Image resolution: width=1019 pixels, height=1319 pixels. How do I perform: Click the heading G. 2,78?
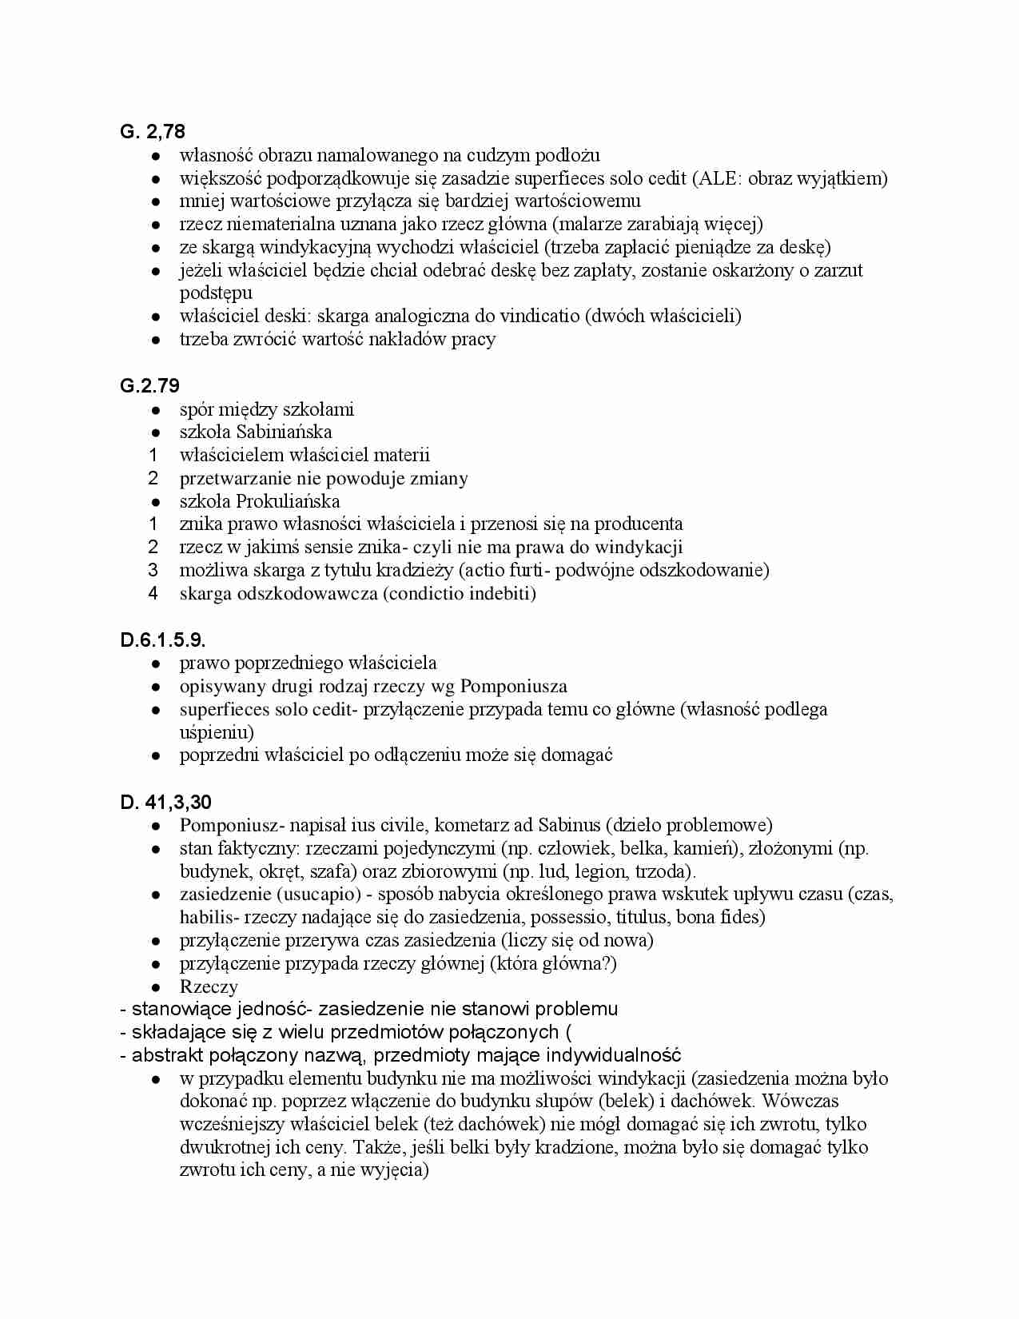point(153,132)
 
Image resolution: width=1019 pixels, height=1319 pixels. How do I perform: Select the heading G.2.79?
point(149,386)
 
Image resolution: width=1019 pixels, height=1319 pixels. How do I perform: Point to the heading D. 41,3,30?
point(166,802)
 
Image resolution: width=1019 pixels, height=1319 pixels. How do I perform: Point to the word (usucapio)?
point(317,894)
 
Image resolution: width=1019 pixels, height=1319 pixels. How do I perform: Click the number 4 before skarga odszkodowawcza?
point(153,593)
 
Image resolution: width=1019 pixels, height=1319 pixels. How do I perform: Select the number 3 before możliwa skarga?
point(153,570)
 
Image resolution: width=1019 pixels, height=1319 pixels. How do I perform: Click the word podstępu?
point(216,293)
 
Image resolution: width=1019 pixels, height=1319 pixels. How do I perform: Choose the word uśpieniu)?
point(217,732)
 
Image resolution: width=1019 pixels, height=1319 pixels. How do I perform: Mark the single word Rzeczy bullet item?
point(209,986)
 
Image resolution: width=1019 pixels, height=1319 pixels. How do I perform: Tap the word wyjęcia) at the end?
point(395,1171)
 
